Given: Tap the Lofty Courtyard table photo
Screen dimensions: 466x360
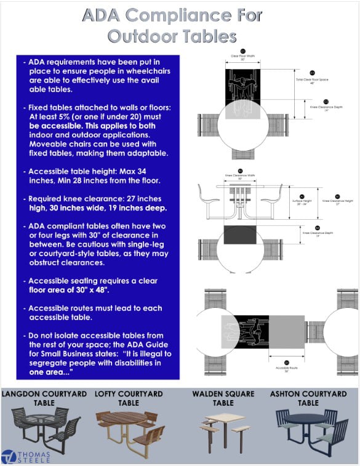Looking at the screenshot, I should [x=128, y=429].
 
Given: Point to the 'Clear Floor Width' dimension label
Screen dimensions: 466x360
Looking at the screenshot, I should [x=242, y=57].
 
